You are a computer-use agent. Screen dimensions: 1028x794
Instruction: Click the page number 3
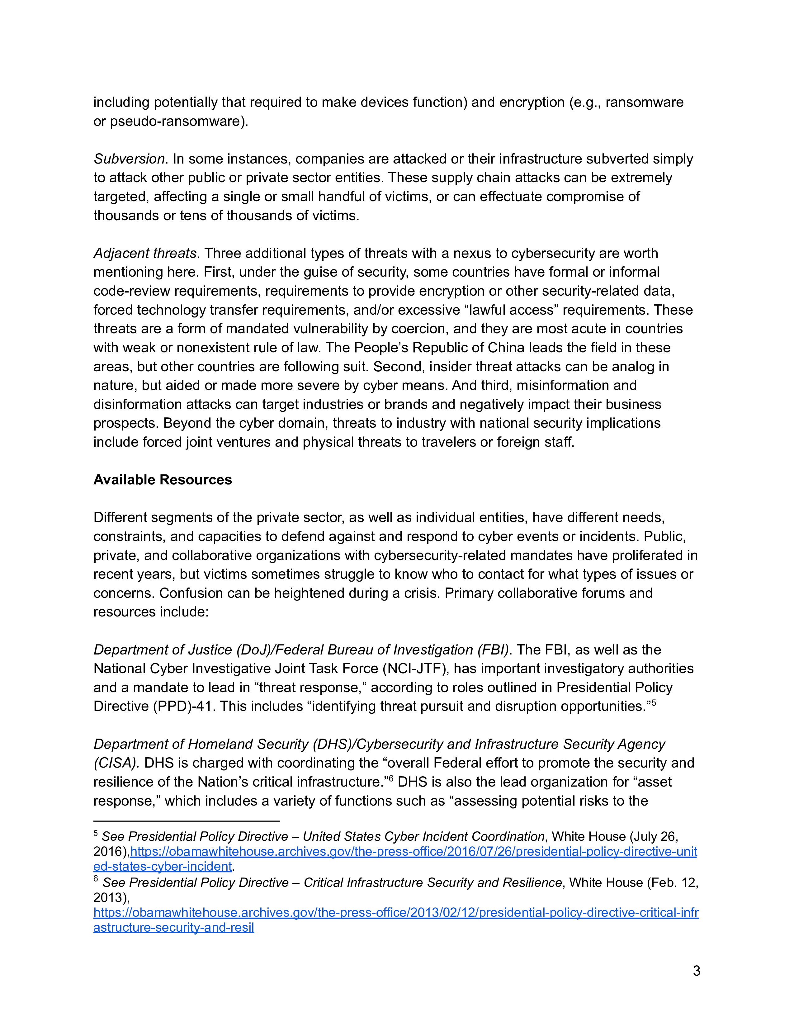point(696,971)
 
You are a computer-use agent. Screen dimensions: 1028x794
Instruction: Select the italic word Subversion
point(129,159)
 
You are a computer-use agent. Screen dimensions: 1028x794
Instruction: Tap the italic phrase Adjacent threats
point(145,253)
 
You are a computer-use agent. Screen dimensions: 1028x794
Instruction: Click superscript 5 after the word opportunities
point(653,703)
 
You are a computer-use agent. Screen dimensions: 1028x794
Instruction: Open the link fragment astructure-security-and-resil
point(173,927)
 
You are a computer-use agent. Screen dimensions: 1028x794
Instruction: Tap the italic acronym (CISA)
point(116,763)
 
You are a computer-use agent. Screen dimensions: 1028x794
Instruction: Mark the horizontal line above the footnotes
point(187,821)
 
